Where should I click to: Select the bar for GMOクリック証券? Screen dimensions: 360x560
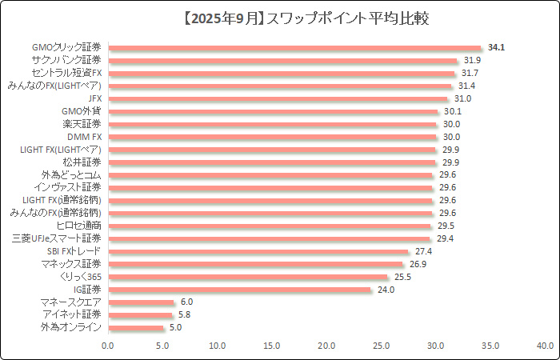click(x=294, y=48)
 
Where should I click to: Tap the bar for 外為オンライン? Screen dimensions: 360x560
click(x=135, y=327)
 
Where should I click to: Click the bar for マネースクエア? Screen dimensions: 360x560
click(x=141, y=302)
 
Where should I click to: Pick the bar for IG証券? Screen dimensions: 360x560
click(x=239, y=289)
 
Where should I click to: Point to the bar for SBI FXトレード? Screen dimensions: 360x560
click(x=258, y=251)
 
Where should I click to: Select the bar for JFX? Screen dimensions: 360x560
click(x=278, y=98)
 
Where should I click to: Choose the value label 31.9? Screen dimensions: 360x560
click(x=472, y=61)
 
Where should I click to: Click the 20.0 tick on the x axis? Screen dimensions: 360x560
click(x=326, y=346)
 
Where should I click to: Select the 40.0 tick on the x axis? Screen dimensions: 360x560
click(x=545, y=346)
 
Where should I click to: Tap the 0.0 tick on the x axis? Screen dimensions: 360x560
click(x=108, y=346)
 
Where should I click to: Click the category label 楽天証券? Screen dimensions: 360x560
click(x=82, y=124)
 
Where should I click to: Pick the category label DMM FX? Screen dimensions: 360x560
click(x=84, y=137)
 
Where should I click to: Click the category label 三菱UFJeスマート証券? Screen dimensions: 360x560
click(x=57, y=238)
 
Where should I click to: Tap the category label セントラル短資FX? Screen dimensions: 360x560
click(x=62, y=73)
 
